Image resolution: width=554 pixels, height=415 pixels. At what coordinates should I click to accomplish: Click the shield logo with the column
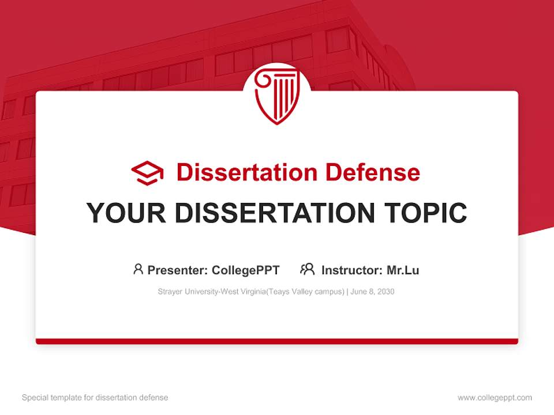(277, 96)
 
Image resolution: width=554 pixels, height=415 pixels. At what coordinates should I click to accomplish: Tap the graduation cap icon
(147, 172)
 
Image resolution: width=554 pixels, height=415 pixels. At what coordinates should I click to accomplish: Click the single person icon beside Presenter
(138, 269)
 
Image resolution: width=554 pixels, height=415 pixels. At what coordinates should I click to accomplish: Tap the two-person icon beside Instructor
(307, 269)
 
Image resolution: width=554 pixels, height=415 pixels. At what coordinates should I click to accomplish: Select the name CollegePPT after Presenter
(246, 270)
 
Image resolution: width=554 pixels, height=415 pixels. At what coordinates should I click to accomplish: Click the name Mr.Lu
(403, 270)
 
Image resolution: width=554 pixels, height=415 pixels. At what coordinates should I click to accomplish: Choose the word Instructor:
(351, 270)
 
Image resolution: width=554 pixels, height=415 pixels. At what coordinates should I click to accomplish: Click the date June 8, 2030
(373, 292)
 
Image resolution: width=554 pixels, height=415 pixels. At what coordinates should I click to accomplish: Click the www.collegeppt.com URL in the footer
(495, 398)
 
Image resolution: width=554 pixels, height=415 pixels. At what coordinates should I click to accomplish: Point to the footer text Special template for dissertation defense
(95, 398)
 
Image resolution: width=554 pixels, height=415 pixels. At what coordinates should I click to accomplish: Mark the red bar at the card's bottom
(277, 341)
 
